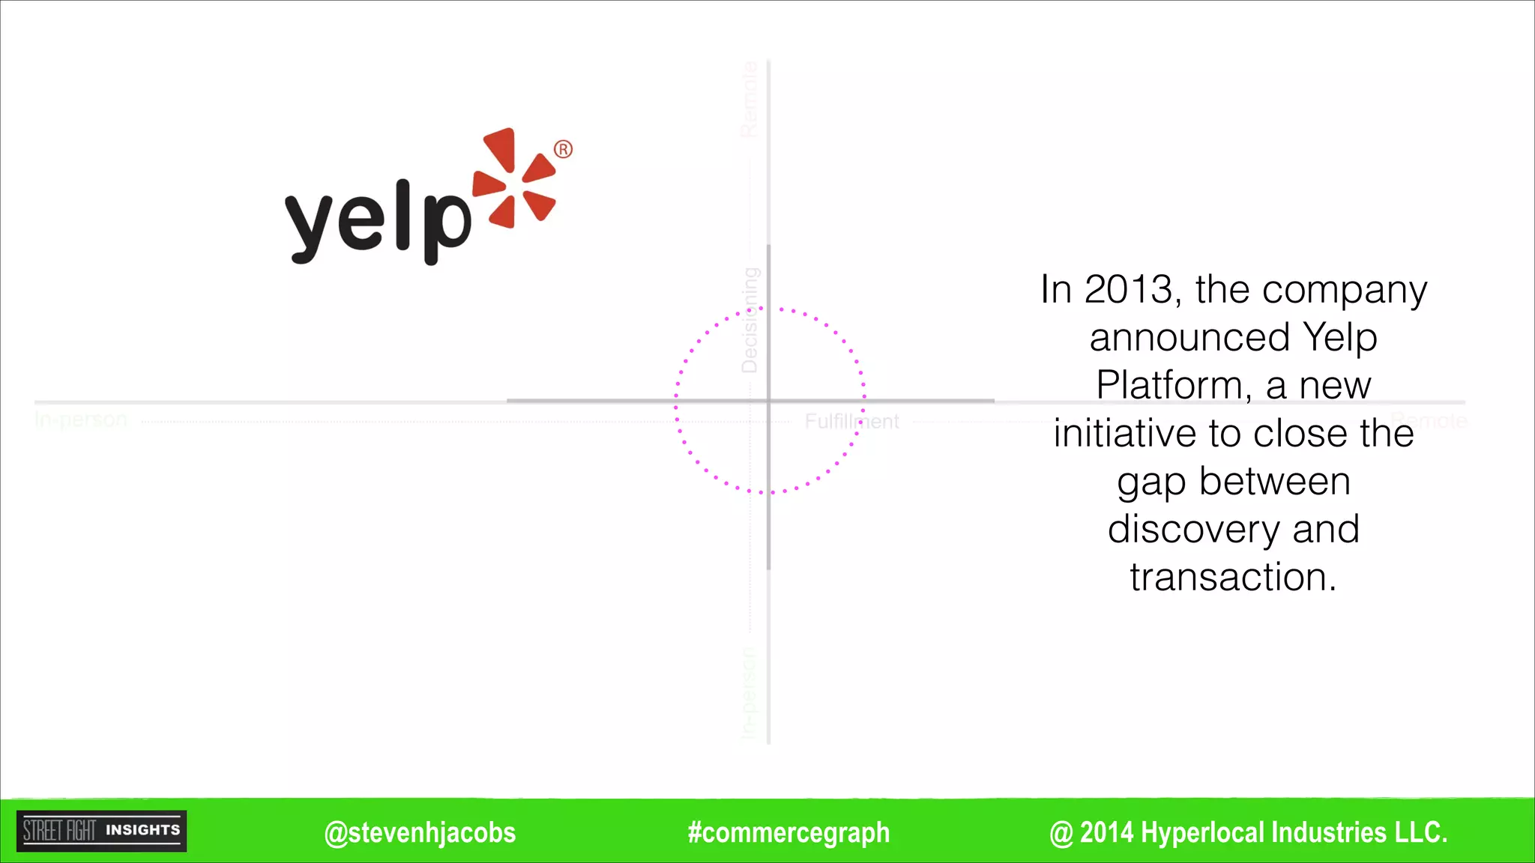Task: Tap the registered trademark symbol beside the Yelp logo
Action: (x=563, y=149)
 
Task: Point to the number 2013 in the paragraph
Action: (x=1129, y=289)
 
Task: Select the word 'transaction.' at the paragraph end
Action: (x=1234, y=577)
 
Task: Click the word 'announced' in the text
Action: (x=1189, y=337)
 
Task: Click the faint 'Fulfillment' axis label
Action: (x=851, y=422)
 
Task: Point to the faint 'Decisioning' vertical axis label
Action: (x=750, y=320)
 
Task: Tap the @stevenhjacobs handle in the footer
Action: (x=420, y=832)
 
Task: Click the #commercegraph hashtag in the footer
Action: (x=788, y=832)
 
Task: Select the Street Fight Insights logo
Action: (x=102, y=831)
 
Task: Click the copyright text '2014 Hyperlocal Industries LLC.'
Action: (x=1263, y=832)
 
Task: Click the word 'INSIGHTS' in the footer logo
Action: (x=142, y=830)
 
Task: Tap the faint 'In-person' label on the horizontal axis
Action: (x=82, y=420)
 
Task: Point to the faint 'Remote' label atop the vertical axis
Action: (x=750, y=100)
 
